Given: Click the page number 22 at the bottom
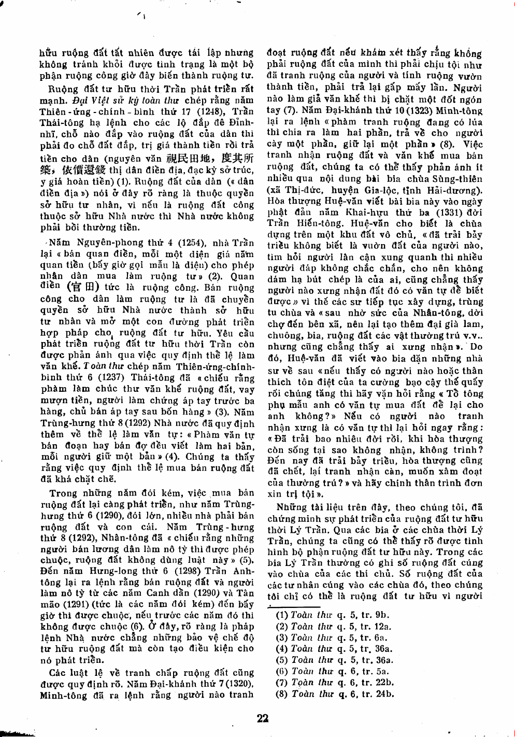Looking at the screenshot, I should click(x=263, y=718).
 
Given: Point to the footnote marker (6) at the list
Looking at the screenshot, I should click(x=282, y=672).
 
